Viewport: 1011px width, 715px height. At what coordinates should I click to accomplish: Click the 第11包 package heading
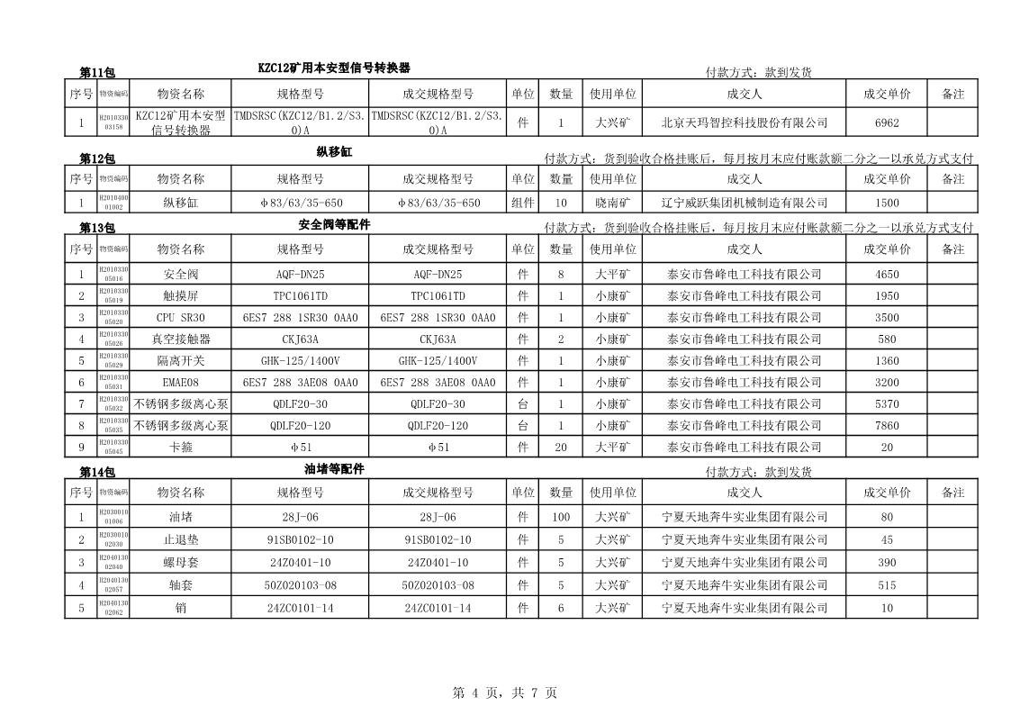[96, 73]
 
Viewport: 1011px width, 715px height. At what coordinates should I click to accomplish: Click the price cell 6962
[886, 122]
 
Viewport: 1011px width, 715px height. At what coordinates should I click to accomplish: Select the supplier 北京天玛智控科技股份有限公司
[744, 122]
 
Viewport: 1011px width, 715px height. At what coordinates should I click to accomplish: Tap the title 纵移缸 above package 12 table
[334, 152]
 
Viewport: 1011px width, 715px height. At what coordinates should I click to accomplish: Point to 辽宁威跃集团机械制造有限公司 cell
[744, 204]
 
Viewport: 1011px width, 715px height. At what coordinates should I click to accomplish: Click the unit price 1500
[886, 204]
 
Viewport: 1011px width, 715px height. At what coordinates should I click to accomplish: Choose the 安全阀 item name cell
[180, 275]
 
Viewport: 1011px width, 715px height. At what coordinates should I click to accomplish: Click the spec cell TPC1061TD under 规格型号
[300, 296]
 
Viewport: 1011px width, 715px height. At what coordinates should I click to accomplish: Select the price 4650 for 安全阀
[886, 275]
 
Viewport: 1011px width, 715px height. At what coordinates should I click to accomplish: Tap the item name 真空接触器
[180, 339]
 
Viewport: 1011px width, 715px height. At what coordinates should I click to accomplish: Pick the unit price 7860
[886, 426]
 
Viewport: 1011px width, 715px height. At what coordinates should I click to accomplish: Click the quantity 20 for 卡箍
[561, 448]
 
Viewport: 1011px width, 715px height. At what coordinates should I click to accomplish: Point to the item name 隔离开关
[180, 361]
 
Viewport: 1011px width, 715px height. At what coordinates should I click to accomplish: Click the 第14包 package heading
[96, 472]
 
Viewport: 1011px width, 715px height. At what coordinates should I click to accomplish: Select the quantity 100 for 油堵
[561, 518]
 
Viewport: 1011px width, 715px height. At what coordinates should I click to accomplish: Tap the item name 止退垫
[180, 540]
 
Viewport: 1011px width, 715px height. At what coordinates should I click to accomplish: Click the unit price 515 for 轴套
[886, 585]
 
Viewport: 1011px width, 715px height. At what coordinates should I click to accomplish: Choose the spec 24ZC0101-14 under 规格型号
[300, 608]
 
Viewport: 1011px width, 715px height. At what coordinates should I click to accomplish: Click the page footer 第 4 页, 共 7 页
[504, 692]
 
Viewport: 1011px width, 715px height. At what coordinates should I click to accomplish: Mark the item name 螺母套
[180, 563]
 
